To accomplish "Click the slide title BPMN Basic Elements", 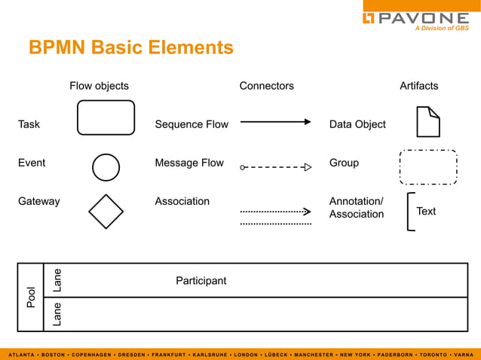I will coord(131,48).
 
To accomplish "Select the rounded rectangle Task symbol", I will coord(106,117).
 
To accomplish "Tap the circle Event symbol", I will coord(106,167).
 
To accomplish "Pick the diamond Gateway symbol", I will coord(106,212).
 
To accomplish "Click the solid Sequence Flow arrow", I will coord(275,121).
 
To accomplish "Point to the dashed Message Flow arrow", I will coord(275,168).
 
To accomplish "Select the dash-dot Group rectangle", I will coord(428,167).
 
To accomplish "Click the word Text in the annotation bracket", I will coord(426,212).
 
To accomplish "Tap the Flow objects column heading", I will coord(99,86).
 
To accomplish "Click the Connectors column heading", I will coord(266,86).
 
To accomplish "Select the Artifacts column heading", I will coord(418,86).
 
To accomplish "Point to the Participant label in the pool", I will coord(201,281).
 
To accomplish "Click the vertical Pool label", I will coord(31,297).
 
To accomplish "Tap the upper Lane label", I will coord(57,280).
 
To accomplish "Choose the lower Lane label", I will coord(57,314).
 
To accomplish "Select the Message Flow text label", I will coord(189,163).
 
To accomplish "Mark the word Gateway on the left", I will coord(38,201).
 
